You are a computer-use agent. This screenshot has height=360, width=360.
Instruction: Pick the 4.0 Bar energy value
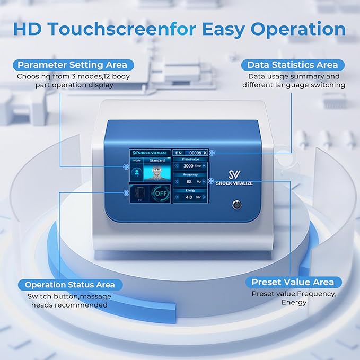pos(189,197)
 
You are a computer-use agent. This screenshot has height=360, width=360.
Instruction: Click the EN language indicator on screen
pos(179,153)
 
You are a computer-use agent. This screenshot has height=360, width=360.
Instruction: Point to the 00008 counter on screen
pos(196,153)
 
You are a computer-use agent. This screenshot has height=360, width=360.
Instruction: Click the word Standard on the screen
pos(157,159)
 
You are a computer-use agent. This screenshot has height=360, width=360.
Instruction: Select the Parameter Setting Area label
pos(73,65)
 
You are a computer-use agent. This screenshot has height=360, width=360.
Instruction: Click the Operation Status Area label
pos(69,285)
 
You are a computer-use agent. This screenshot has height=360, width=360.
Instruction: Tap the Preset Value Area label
pos(293,282)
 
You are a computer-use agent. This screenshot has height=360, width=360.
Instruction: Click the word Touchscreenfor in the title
pos(115,29)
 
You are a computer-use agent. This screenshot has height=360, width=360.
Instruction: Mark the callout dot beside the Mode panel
pos(126,166)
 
